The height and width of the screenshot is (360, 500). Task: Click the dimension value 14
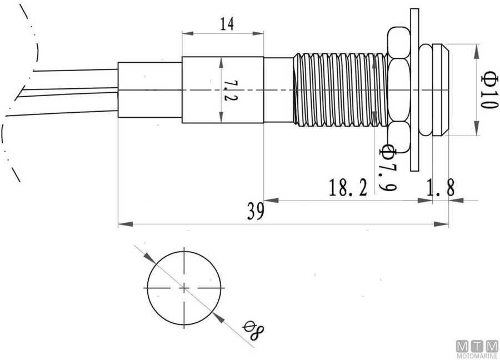tap(227, 24)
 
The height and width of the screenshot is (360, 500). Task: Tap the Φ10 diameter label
tap(487, 90)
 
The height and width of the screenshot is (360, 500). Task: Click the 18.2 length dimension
tap(348, 188)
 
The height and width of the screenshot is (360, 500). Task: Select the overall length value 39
tap(256, 212)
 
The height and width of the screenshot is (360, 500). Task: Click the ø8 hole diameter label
tap(254, 331)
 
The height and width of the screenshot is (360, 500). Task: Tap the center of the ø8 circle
tap(184, 288)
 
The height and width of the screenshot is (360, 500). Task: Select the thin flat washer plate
tap(414, 89)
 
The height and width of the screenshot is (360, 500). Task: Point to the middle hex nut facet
tap(399, 89)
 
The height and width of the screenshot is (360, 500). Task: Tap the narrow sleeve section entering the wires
tap(150, 89)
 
